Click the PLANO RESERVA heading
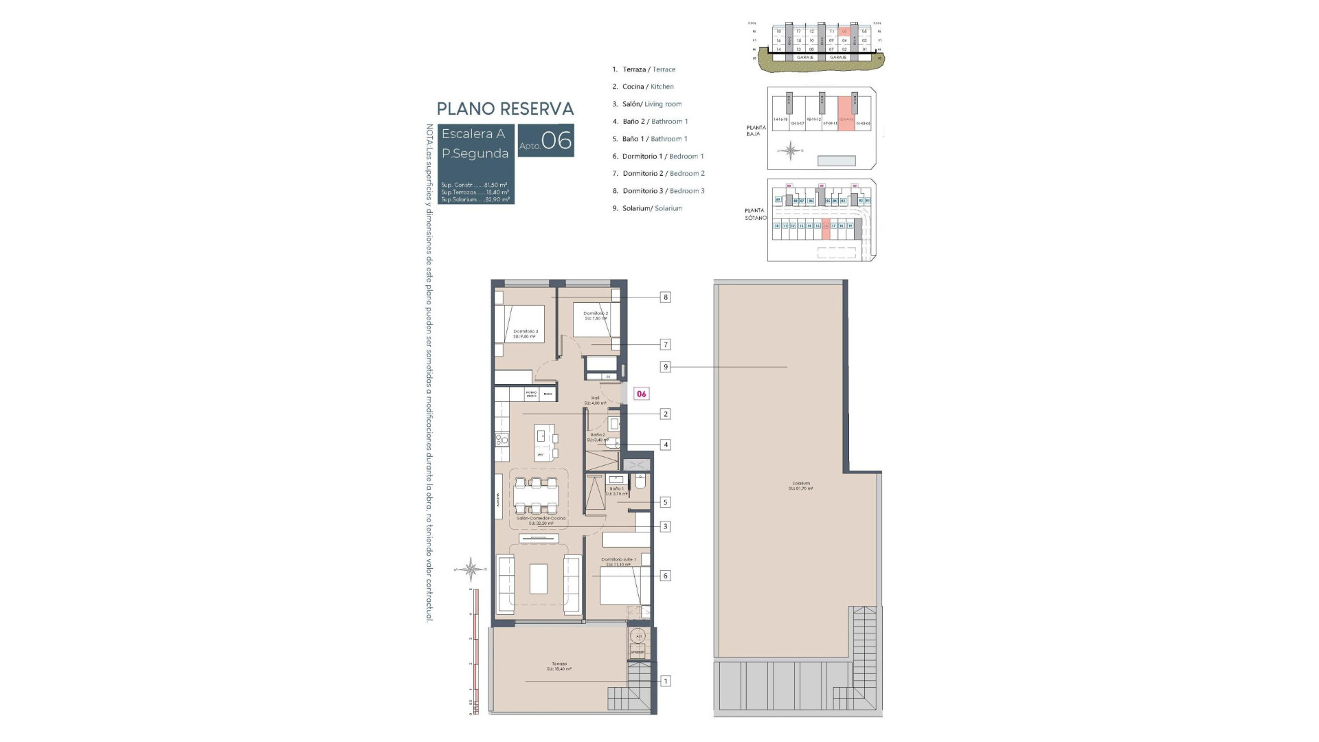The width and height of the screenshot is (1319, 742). click(505, 109)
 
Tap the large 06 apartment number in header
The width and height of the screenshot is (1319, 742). click(556, 141)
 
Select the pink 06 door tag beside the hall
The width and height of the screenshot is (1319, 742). click(641, 394)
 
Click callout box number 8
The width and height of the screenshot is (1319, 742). click(665, 297)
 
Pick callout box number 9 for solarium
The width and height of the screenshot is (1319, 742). click(665, 367)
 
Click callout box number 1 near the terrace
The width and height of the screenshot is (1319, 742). click(665, 681)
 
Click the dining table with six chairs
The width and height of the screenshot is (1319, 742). click(536, 495)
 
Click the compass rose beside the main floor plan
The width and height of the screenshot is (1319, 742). click(471, 569)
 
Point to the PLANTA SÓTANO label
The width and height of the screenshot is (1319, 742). click(755, 214)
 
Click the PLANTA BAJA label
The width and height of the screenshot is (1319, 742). click(756, 130)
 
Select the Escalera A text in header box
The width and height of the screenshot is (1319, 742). click(473, 134)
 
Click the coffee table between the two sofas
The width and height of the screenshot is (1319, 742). click(538, 578)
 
